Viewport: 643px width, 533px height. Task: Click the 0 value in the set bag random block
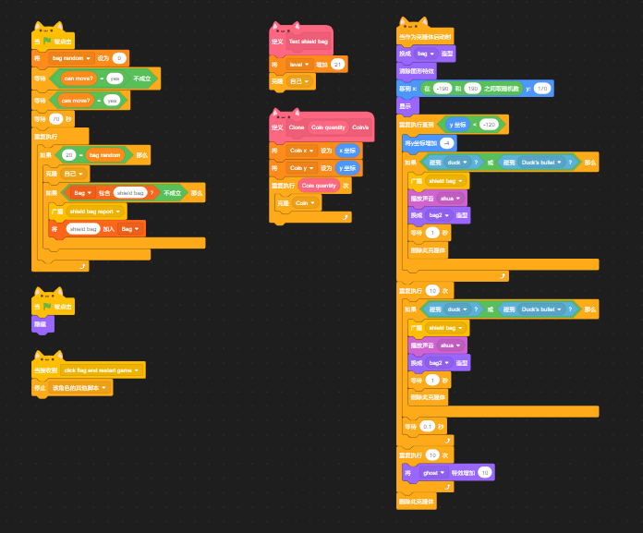tap(119, 58)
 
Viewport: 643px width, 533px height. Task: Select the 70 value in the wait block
tap(55, 119)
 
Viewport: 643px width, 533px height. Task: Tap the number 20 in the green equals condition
tap(68, 155)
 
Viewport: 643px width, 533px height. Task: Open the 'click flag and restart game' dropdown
tap(102, 370)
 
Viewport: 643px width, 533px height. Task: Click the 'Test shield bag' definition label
tap(308, 42)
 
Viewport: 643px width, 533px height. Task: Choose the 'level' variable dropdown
tap(299, 64)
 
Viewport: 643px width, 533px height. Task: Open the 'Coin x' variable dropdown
tap(301, 150)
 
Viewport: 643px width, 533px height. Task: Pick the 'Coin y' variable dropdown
tap(301, 167)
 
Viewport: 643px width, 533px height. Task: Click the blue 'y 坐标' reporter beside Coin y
tap(347, 167)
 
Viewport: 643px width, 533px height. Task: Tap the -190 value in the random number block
tap(441, 89)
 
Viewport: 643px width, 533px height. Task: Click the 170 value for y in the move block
tap(542, 89)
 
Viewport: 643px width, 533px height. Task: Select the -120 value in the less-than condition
tap(489, 124)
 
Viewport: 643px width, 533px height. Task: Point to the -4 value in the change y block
tap(446, 143)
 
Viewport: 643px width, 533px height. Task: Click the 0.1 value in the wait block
tap(427, 426)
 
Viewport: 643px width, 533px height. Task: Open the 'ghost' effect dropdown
tap(432, 472)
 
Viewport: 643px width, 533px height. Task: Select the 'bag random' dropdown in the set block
tap(71, 58)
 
